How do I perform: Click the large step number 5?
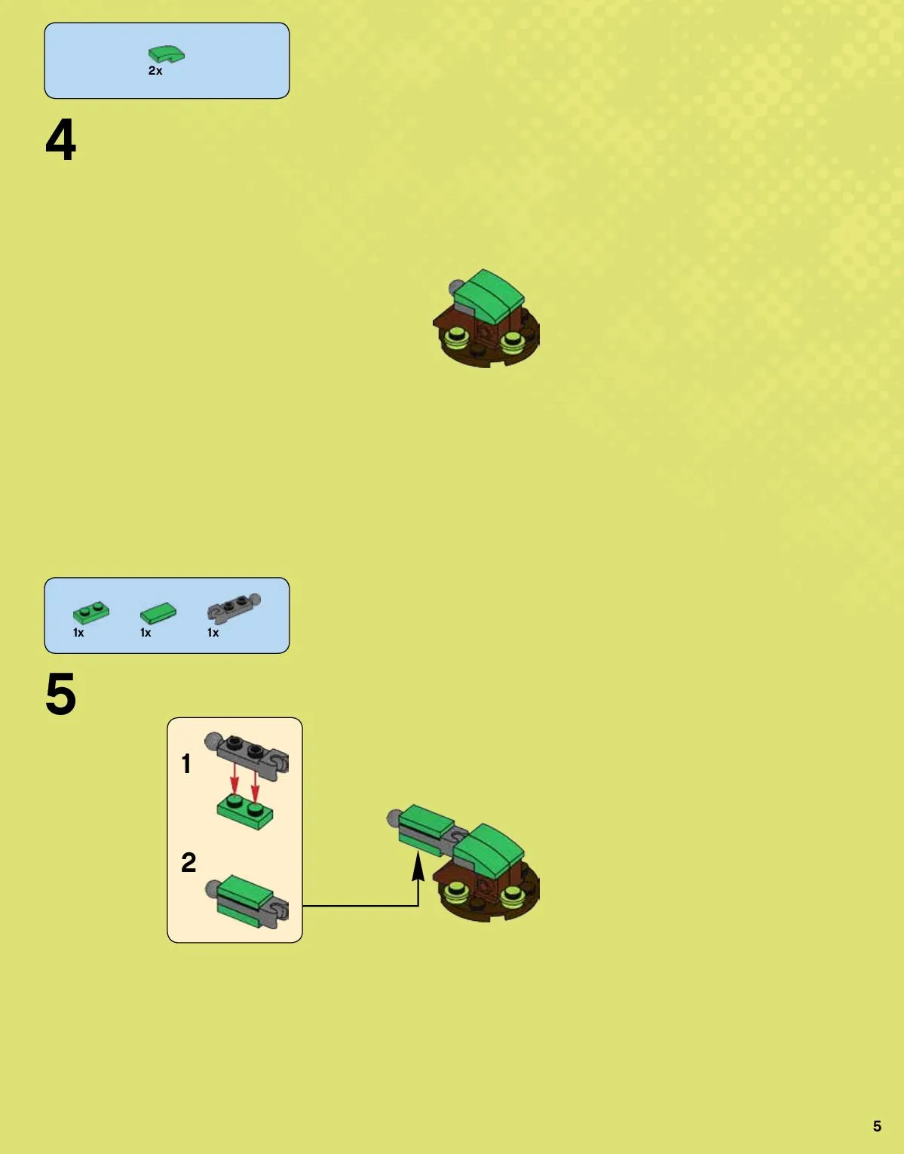click(61, 694)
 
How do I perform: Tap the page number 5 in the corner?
click(877, 1126)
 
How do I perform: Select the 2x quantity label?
click(155, 71)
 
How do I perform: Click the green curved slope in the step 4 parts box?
click(167, 54)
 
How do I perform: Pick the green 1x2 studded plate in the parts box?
click(91, 612)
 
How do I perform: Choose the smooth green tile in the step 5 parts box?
click(158, 613)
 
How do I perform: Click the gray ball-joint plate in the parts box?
click(234, 606)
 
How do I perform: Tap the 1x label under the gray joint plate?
click(213, 633)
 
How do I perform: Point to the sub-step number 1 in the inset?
click(185, 764)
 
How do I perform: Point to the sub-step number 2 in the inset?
click(188, 862)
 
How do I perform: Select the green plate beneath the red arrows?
click(245, 812)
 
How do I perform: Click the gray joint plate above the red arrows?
click(247, 756)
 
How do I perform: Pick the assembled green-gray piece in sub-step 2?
click(247, 902)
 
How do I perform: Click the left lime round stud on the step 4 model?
click(456, 336)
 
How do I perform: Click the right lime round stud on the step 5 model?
click(512, 893)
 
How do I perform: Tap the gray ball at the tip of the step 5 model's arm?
click(394, 818)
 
